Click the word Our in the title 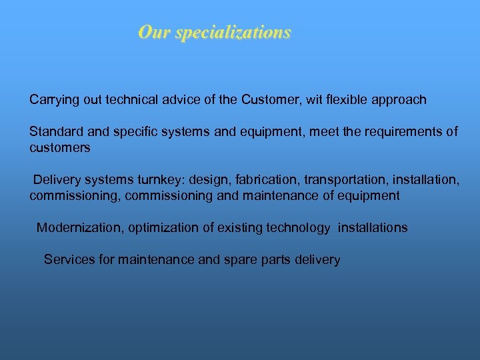tap(152, 32)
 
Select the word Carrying tap(55, 100)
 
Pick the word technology tap(297, 227)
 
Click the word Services tap(69, 259)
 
